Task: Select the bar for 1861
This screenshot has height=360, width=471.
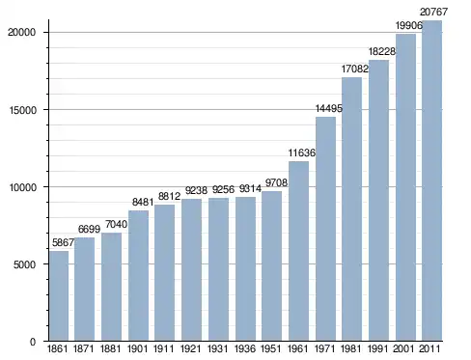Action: coord(59,295)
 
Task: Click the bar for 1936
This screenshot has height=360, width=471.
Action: coord(245,268)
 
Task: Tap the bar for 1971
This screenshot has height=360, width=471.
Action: coord(325,229)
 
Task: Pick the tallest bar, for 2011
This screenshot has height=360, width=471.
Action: coord(431,180)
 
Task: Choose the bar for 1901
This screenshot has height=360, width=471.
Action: coord(138,275)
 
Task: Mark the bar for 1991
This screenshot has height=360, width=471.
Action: coord(378,200)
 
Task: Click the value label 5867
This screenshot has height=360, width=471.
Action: coord(63,242)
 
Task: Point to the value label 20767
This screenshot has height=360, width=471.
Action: coord(433,12)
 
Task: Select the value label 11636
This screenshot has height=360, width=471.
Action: coord(301,152)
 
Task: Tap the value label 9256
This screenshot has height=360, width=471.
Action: coord(223,190)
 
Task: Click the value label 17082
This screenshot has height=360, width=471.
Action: coord(354,69)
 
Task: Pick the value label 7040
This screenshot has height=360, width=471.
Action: coord(116,224)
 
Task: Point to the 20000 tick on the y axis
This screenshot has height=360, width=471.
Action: coord(22,32)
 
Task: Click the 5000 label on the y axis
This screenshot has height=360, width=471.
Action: coord(24,264)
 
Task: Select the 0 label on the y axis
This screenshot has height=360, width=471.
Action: coord(33,342)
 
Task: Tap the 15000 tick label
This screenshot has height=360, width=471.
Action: coord(22,110)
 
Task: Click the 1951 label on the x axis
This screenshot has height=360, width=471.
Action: coord(271,348)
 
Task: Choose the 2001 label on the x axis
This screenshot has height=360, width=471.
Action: coord(404,348)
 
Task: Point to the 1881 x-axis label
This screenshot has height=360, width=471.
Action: coord(111,348)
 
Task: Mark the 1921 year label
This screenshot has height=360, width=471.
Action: coord(191,348)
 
